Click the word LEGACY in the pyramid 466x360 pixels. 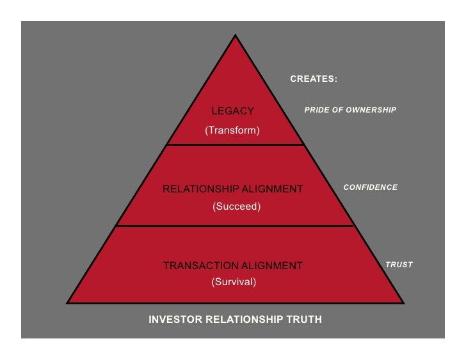point(233,111)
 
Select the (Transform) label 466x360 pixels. point(232,130)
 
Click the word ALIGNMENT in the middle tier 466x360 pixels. point(273,189)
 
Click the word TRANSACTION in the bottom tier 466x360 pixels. point(197,265)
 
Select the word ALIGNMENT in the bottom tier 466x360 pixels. point(273,265)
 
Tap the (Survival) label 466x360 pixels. point(234,282)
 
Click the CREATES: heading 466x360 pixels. point(314,79)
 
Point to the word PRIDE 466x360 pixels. point(317,110)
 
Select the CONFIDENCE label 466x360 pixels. point(371,187)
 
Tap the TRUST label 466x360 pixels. point(399,265)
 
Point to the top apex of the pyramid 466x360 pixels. point(236,35)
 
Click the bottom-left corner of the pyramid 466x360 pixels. point(68,302)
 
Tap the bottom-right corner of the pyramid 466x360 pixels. point(403,302)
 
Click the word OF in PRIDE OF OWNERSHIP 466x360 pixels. point(339,110)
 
